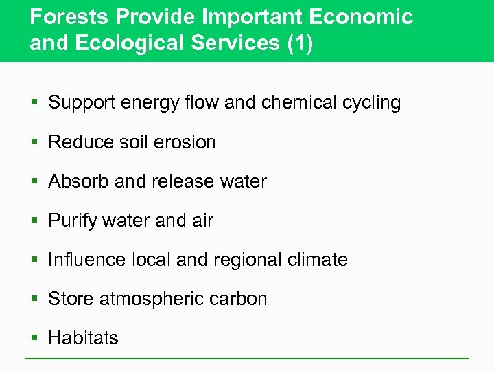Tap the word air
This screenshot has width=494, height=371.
(202, 221)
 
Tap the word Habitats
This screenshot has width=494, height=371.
(83, 338)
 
